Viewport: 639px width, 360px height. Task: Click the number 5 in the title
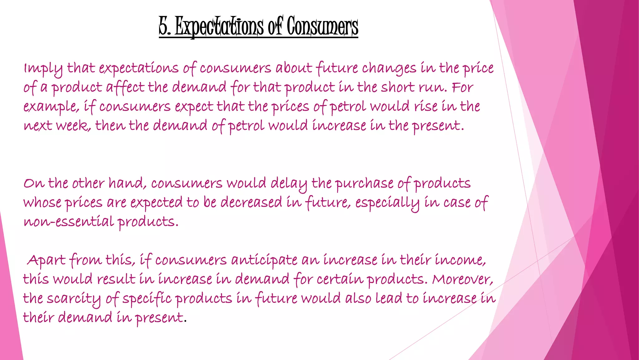click(x=164, y=26)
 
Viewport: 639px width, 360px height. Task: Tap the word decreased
click(x=251, y=202)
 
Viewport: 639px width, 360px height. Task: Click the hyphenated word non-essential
click(x=69, y=222)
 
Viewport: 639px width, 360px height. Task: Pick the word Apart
click(x=46, y=261)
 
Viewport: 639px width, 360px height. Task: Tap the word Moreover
click(x=462, y=279)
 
